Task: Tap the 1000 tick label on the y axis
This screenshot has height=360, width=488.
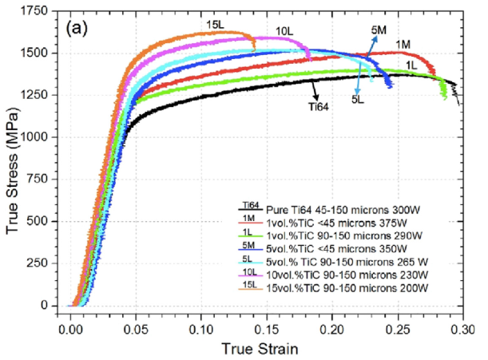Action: coord(41,137)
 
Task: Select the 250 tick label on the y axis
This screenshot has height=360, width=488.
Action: coord(44,263)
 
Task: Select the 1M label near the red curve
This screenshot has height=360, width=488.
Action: coord(403,43)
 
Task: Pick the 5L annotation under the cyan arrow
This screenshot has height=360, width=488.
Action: coord(356,99)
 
